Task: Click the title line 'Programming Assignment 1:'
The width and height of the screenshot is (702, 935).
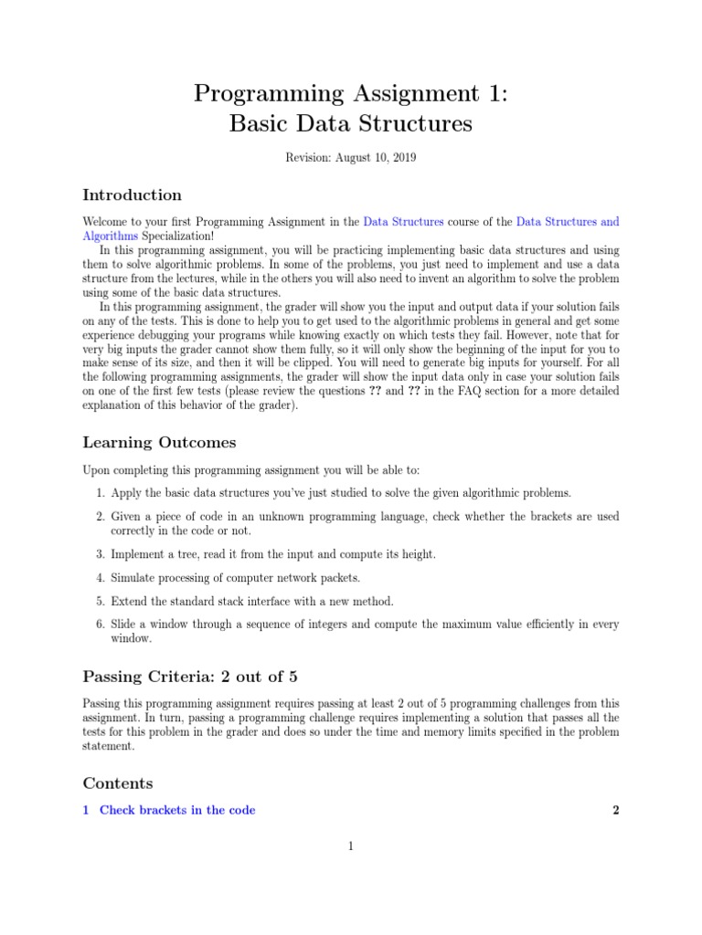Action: pyautogui.click(x=351, y=93)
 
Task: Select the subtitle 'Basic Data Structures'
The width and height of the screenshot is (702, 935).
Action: pyautogui.click(x=351, y=123)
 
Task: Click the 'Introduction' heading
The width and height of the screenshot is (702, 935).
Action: pyautogui.click(x=132, y=194)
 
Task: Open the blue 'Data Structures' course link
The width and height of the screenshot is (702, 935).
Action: pyautogui.click(x=403, y=222)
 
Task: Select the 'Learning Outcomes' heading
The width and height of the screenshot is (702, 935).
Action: pyautogui.click(x=159, y=443)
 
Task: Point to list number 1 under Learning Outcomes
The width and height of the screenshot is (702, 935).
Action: pyautogui.click(x=101, y=493)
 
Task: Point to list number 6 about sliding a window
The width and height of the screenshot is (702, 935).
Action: pyautogui.click(x=101, y=625)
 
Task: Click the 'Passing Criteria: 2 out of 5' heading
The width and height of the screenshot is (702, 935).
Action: pyautogui.click(x=190, y=677)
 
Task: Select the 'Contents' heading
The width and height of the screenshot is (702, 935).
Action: pyautogui.click(x=118, y=783)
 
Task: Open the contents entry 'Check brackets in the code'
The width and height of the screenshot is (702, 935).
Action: pyautogui.click(x=177, y=810)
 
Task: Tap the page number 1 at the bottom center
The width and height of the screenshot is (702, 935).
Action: pyautogui.click(x=350, y=846)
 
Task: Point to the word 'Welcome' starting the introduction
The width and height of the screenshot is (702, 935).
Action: pyautogui.click(x=106, y=222)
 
